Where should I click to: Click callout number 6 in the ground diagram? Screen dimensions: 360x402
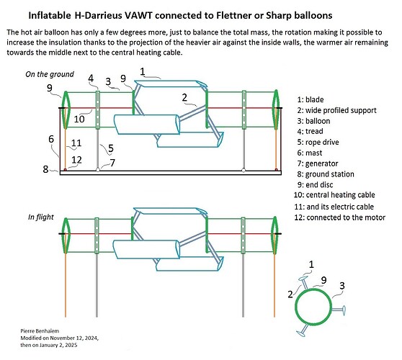(50, 139)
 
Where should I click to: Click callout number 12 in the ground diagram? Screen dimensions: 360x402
(76, 160)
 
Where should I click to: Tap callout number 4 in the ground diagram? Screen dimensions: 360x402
(91, 78)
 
